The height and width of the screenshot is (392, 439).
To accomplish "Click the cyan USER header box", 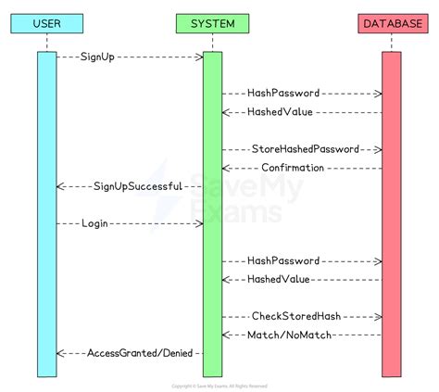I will click(x=46, y=21).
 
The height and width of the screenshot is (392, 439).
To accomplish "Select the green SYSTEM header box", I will click(x=212, y=21).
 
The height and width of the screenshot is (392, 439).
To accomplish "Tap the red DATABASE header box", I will click(x=391, y=21).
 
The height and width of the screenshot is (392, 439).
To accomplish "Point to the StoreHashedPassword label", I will click(x=305, y=149).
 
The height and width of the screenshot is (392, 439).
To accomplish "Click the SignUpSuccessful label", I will click(x=135, y=186).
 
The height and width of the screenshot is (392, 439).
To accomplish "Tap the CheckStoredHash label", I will click(x=301, y=316).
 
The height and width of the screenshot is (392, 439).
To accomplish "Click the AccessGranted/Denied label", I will click(x=132, y=353).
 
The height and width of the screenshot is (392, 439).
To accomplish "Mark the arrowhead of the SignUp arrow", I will click(x=199, y=57).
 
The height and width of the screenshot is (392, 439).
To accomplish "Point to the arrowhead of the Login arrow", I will click(x=199, y=223).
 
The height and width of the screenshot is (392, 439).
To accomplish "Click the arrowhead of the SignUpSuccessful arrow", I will click(x=60, y=186).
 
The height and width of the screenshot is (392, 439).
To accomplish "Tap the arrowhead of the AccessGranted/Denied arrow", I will click(x=60, y=353).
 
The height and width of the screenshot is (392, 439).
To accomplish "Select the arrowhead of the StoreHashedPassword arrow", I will click(x=378, y=149).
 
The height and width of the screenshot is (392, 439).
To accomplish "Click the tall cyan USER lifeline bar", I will click(x=46, y=213).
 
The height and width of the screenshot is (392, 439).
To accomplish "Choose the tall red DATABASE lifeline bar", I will click(x=391, y=213).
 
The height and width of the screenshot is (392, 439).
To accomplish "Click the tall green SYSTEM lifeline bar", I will click(x=212, y=213).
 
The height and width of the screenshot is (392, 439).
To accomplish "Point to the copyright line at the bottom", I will click(x=219, y=386).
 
